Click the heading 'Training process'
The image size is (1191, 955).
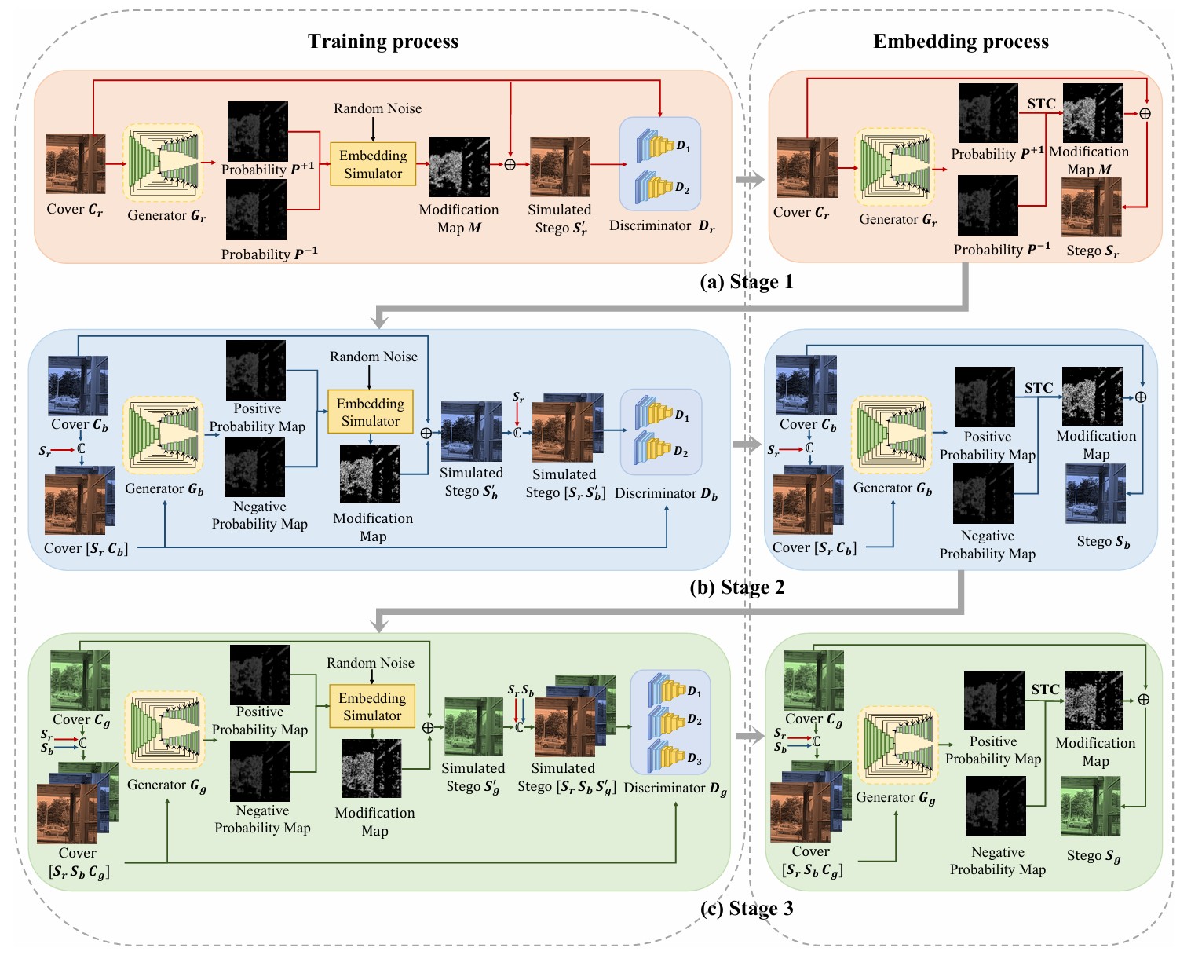point(382,42)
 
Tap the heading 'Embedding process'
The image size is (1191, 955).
point(960,42)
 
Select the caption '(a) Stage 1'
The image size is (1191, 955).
point(746,282)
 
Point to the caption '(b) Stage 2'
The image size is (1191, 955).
point(736,587)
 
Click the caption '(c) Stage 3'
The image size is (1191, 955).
point(746,909)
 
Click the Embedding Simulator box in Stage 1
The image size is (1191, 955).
point(373,164)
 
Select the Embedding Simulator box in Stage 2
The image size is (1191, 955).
point(370,412)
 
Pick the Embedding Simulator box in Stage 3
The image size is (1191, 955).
point(372,707)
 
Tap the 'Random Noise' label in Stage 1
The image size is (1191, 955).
point(378,108)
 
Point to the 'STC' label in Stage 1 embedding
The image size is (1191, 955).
point(1041,104)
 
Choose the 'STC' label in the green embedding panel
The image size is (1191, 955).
point(1045,690)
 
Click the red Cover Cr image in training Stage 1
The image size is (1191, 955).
point(75,163)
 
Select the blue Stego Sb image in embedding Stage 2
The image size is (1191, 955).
point(1095,493)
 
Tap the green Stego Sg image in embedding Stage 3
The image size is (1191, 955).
point(1091,807)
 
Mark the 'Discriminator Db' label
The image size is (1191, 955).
point(666,494)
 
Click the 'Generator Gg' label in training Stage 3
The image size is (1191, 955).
point(166,785)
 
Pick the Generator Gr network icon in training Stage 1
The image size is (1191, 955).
point(164,163)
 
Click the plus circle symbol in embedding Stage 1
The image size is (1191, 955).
point(1145,114)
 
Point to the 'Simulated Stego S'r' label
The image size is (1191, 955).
point(560,219)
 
